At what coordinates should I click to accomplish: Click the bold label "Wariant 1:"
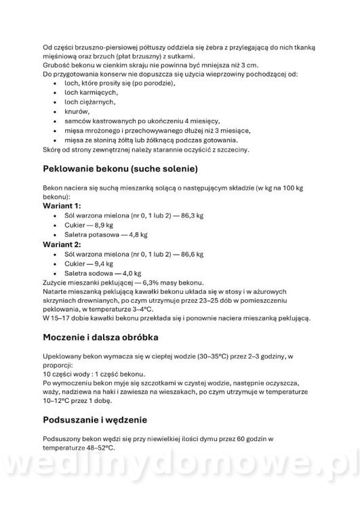(62, 205)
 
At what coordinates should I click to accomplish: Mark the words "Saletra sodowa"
(80, 273)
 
